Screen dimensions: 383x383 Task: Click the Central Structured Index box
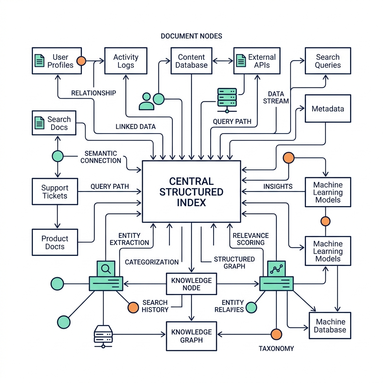click(x=191, y=191)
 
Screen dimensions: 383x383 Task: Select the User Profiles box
click(x=56, y=61)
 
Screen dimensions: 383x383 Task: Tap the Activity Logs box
click(x=125, y=61)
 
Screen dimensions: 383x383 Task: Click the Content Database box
click(x=191, y=61)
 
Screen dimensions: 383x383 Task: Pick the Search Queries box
click(x=328, y=61)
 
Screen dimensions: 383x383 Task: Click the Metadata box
click(x=328, y=109)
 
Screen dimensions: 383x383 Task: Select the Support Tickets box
click(x=55, y=191)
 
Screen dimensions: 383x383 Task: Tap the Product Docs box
click(x=55, y=242)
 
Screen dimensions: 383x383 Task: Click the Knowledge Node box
click(x=191, y=284)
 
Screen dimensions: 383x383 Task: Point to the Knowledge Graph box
click(x=191, y=336)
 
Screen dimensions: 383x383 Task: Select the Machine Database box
click(x=330, y=326)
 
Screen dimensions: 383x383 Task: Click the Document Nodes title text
click(x=191, y=36)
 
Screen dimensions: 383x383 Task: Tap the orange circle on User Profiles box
click(x=81, y=61)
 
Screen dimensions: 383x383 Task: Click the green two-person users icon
click(x=146, y=101)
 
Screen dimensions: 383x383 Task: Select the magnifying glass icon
click(x=105, y=268)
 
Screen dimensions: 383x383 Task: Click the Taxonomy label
click(x=276, y=349)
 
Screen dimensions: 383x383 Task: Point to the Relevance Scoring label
click(x=251, y=239)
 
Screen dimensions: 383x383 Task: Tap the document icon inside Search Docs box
click(x=39, y=123)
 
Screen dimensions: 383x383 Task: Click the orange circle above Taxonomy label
click(x=276, y=334)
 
